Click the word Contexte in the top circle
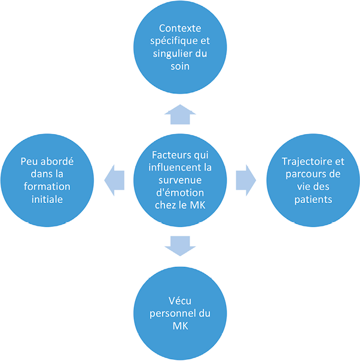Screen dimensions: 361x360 point(179,28)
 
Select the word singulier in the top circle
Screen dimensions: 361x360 point(173,53)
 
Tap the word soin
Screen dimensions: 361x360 point(179,66)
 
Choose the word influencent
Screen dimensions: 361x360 point(171,168)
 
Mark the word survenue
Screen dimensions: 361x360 point(180,180)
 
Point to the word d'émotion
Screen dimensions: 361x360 point(180,193)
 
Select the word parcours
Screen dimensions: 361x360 point(299,174)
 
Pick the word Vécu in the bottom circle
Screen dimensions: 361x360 point(180,301)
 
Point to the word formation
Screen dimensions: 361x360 point(49,187)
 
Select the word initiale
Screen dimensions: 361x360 point(49,199)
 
